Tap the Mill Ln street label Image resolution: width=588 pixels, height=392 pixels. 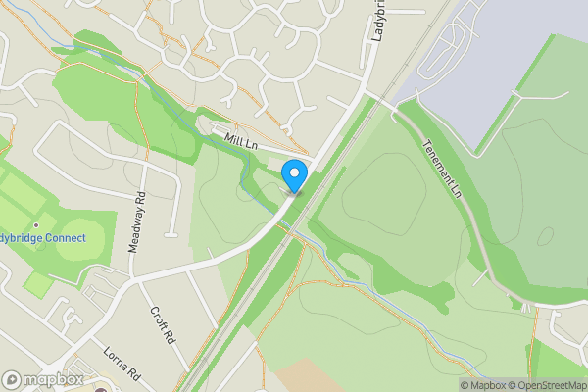[x=240, y=143]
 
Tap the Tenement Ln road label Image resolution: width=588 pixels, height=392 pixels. [x=443, y=166]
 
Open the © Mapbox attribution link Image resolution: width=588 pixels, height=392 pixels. [x=485, y=385]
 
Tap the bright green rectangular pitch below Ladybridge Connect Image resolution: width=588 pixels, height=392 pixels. [x=38, y=285]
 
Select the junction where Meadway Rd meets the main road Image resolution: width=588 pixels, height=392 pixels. [x=138, y=277]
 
